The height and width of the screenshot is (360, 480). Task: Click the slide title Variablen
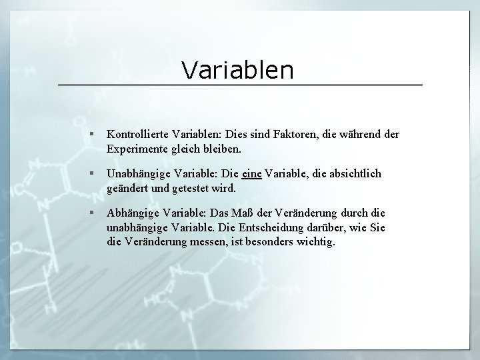(x=237, y=69)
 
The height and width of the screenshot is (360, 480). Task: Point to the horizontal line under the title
(x=240, y=85)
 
